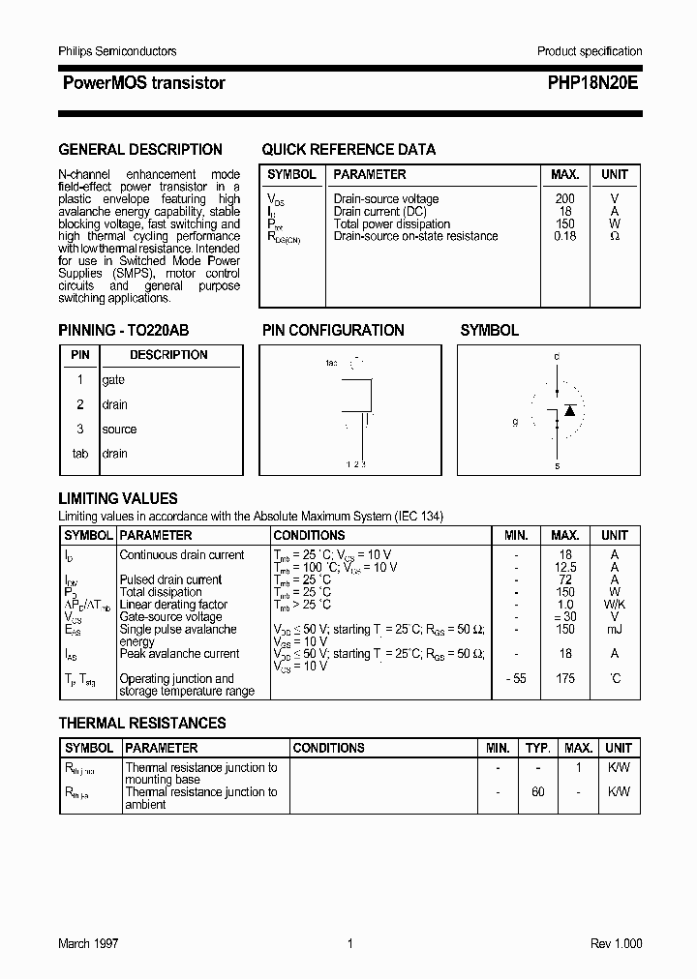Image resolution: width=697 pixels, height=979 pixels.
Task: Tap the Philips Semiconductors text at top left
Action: click(117, 51)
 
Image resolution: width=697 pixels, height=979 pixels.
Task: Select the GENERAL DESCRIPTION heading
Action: click(140, 150)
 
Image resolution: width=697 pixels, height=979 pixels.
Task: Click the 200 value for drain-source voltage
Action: click(564, 199)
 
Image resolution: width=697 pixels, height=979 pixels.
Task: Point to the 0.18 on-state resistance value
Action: click(564, 236)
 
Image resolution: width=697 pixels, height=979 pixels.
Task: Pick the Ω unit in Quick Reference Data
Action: click(615, 236)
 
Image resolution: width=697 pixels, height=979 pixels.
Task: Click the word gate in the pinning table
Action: click(113, 380)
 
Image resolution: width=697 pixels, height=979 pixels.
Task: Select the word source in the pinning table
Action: click(119, 430)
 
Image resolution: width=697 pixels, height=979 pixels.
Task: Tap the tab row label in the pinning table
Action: click(80, 454)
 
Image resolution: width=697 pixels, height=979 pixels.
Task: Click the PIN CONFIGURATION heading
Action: click(333, 331)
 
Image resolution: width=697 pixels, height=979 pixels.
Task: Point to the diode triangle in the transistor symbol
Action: click(570, 410)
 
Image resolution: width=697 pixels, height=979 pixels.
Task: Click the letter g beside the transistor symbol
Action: click(516, 423)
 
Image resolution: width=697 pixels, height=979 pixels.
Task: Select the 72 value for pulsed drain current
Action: click(565, 580)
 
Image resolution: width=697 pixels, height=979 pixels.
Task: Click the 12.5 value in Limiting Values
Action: click(565, 568)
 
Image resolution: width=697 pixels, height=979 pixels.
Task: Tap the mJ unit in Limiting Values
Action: click(615, 630)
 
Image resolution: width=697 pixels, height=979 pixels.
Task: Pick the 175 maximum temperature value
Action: click(565, 679)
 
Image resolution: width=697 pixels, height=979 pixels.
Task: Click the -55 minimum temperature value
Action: click(515, 679)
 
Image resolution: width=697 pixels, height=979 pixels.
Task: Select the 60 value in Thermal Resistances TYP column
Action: click(537, 792)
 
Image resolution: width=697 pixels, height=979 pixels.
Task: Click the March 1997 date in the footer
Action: click(88, 944)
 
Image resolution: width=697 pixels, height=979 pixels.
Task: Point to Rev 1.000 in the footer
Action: click(616, 944)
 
